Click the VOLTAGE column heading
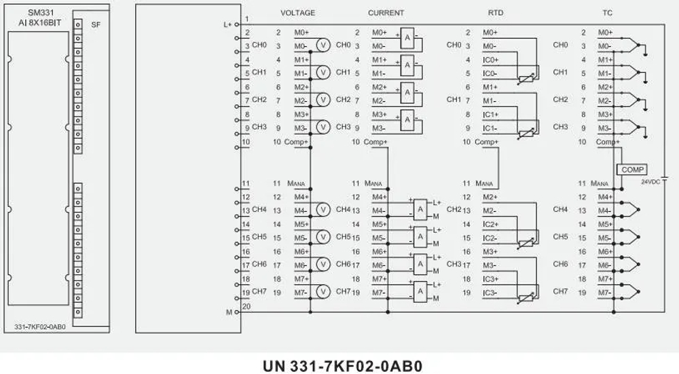point(297,13)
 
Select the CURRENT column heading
point(386,13)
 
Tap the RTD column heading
point(495,13)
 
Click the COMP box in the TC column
point(631,169)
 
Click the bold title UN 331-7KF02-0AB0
point(342,365)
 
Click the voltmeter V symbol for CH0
point(324,45)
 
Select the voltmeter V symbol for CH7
point(324,292)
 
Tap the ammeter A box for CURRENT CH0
point(406,37)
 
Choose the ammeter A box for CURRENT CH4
point(420,209)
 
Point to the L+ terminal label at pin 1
point(227,24)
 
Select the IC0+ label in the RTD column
point(491,60)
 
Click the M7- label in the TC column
point(605,293)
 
